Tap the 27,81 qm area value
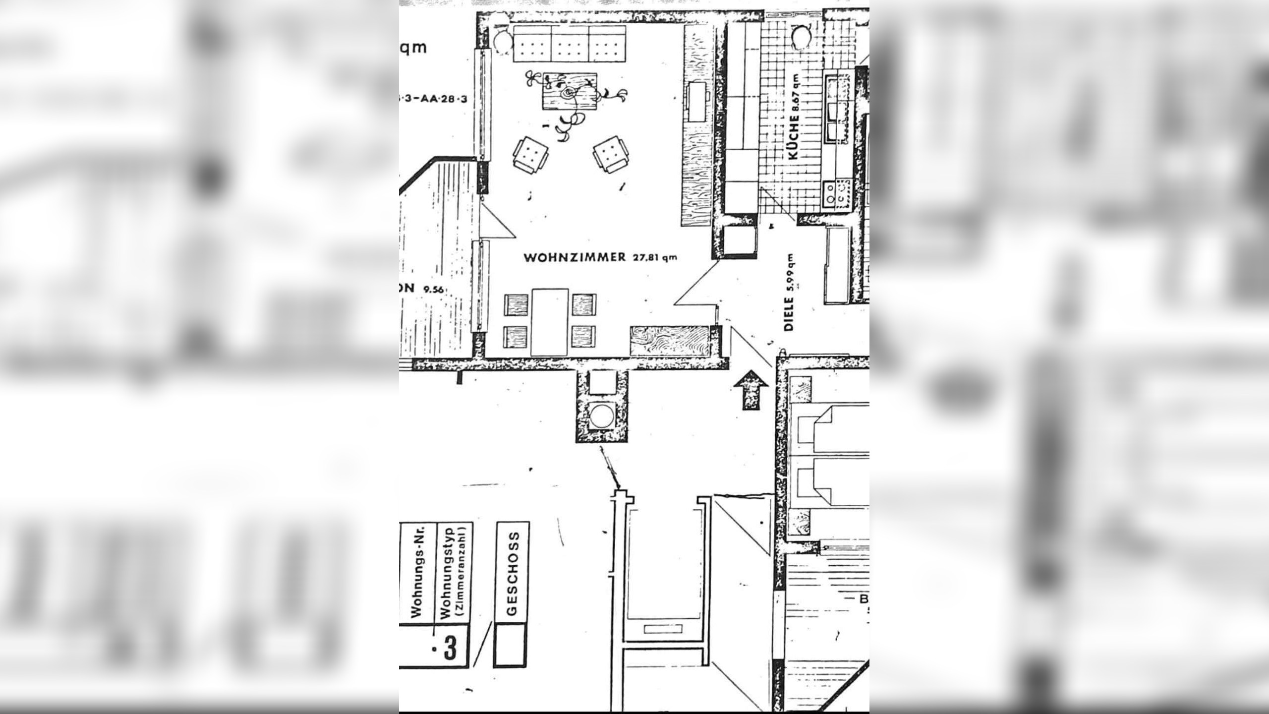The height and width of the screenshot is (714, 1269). click(x=654, y=257)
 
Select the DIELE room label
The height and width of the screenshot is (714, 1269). click(x=789, y=313)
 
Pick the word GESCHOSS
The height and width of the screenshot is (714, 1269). click(x=513, y=573)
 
